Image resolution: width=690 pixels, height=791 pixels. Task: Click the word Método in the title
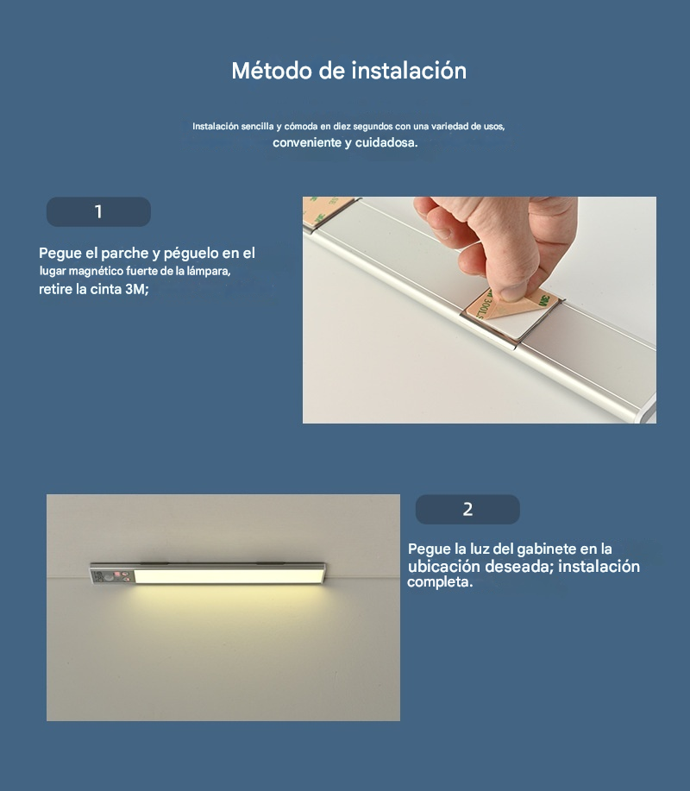[x=272, y=71]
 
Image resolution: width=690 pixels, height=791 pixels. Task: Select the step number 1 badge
[x=98, y=211]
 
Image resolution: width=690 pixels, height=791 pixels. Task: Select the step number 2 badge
[x=467, y=509]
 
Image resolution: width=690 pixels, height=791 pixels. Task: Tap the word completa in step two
[x=438, y=582]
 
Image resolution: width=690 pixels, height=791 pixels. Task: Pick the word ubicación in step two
[x=444, y=566]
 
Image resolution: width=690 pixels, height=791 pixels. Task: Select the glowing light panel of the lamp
[x=229, y=575]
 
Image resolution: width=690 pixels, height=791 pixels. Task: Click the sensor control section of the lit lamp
[x=112, y=576]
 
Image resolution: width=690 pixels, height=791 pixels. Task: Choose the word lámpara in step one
[x=207, y=272]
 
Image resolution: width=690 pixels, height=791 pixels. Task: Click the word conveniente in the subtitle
[x=307, y=143]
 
